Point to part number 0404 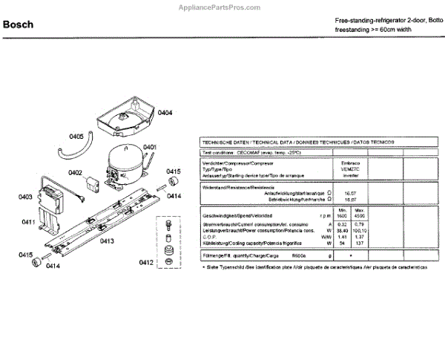tap(165, 113)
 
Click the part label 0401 tap(150, 148)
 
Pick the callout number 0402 tap(75, 172)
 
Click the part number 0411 tap(29, 222)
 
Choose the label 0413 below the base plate tap(107, 240)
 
